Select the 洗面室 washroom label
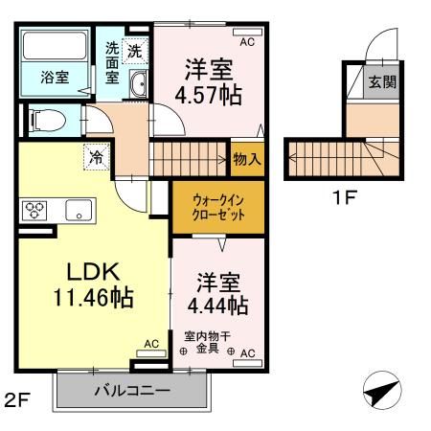pos(113,65)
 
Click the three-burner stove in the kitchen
pos(35,210)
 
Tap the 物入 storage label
pos(246,159)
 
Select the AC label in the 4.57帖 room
pos(246,42)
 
